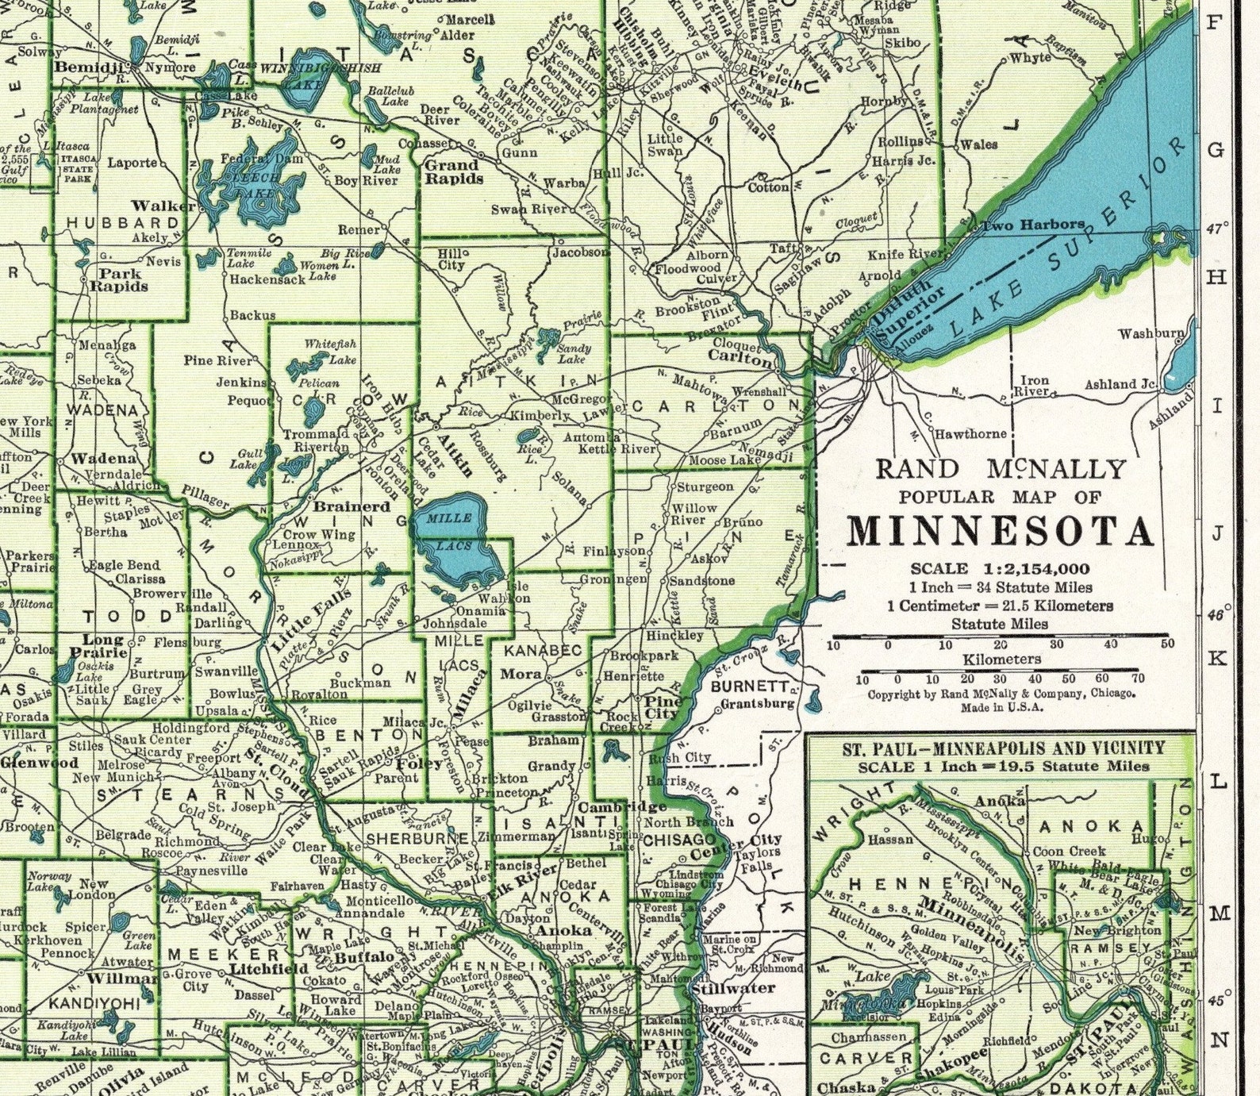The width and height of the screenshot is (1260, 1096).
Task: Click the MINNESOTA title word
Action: click(1000, 533)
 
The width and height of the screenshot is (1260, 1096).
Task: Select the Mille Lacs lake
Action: click(456, 540)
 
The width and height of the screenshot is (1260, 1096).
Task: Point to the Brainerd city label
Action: click(352, 506)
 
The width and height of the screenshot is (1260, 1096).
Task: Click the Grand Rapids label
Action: click(454, 172)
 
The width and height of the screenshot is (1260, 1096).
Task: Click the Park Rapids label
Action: click(119, 279)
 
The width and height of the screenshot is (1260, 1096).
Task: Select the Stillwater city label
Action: click(732, 988)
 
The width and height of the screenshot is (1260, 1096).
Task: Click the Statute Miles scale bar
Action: click(1000, 636)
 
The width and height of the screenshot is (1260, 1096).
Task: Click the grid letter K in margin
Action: click(1218, 658)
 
